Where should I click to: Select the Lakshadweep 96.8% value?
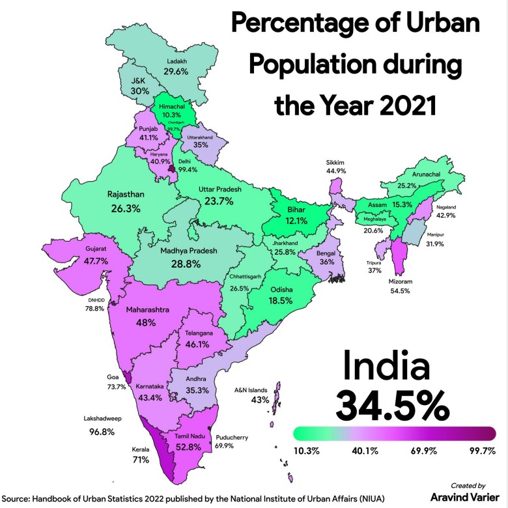click(x=98, y=432)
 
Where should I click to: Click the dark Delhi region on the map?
click(x=172, y=169)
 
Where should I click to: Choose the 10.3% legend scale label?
click(x=308, y=451)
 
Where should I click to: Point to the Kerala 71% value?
click(x=140, y=459)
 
